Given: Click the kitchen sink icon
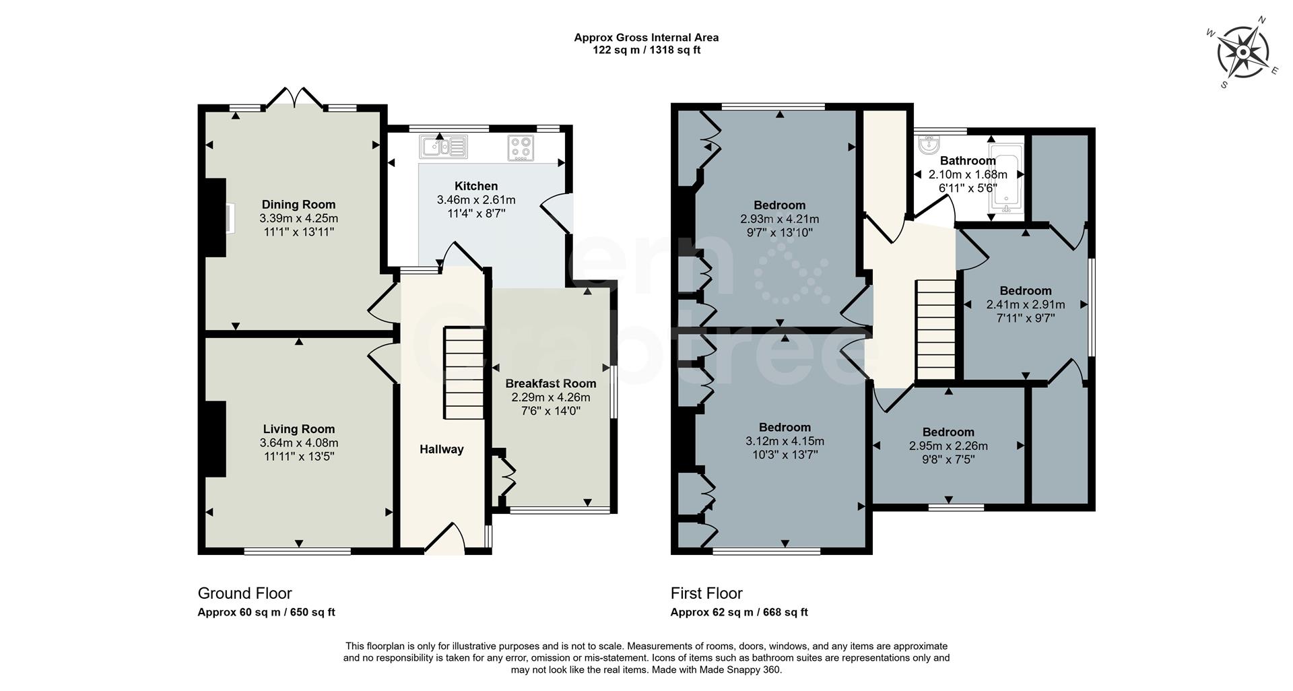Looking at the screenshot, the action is click(443, 146).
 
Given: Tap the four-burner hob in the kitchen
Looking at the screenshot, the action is click(521, 148).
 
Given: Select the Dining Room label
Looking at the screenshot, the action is click(298, 205).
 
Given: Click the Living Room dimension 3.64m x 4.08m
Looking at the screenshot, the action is click(299, 442).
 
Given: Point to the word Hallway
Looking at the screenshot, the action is click(442, 449).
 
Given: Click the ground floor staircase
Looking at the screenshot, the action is click(463, 374).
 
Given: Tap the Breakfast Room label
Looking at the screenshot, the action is click(551, 383).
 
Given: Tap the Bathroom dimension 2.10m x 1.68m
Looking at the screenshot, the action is click(968, 174).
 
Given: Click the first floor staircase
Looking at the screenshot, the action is click(936, 330).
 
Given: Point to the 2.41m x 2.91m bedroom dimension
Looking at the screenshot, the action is click(1026, 304).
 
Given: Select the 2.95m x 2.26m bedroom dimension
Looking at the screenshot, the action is click(948, 446).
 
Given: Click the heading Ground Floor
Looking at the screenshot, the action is click(244, 593).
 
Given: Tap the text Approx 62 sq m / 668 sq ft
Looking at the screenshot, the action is click(739, 612).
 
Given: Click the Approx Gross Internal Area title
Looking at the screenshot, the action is click(646, 38).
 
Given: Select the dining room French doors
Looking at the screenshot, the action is click(294, 99).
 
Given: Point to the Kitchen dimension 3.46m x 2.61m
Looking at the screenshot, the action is click(476, 200).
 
